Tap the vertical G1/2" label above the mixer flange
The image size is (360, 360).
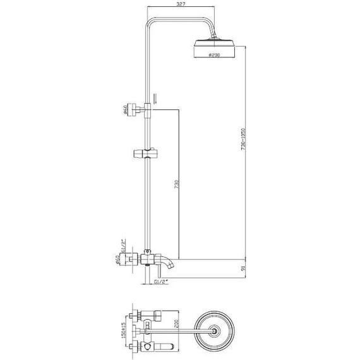tap(126, 244)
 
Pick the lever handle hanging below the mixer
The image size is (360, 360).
tap(147, 275)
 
